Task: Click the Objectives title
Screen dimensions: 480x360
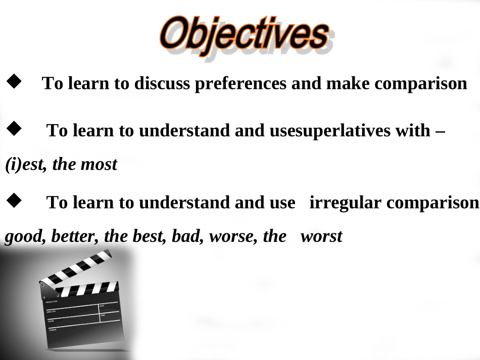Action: tap(244, 36)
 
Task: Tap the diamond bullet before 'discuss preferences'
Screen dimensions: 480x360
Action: tap(14, 81)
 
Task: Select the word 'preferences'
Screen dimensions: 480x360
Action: tap(241, 83)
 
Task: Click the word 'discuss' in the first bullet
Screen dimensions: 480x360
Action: tap(162, 83)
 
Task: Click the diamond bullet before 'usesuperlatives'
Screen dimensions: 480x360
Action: tap(14, 128)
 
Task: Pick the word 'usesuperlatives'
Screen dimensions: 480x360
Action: tap(330, 131)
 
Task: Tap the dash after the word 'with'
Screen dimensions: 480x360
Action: tap(440, 132)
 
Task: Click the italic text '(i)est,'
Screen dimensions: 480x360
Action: tap(26, 165)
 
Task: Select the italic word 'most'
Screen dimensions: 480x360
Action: tap(99, 165)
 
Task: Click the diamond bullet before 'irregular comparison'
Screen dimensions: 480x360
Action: tap(14, 200)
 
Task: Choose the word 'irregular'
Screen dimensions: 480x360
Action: tap(345, 203)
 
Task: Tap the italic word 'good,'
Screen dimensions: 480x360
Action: tap(25, 237)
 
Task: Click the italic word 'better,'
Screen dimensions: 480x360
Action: tap(75, 236)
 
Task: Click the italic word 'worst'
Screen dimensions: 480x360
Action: tap(321, 237)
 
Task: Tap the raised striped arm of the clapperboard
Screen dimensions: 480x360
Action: tap(76, 267)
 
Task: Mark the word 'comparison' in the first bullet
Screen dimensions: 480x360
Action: tap(421, 83)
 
